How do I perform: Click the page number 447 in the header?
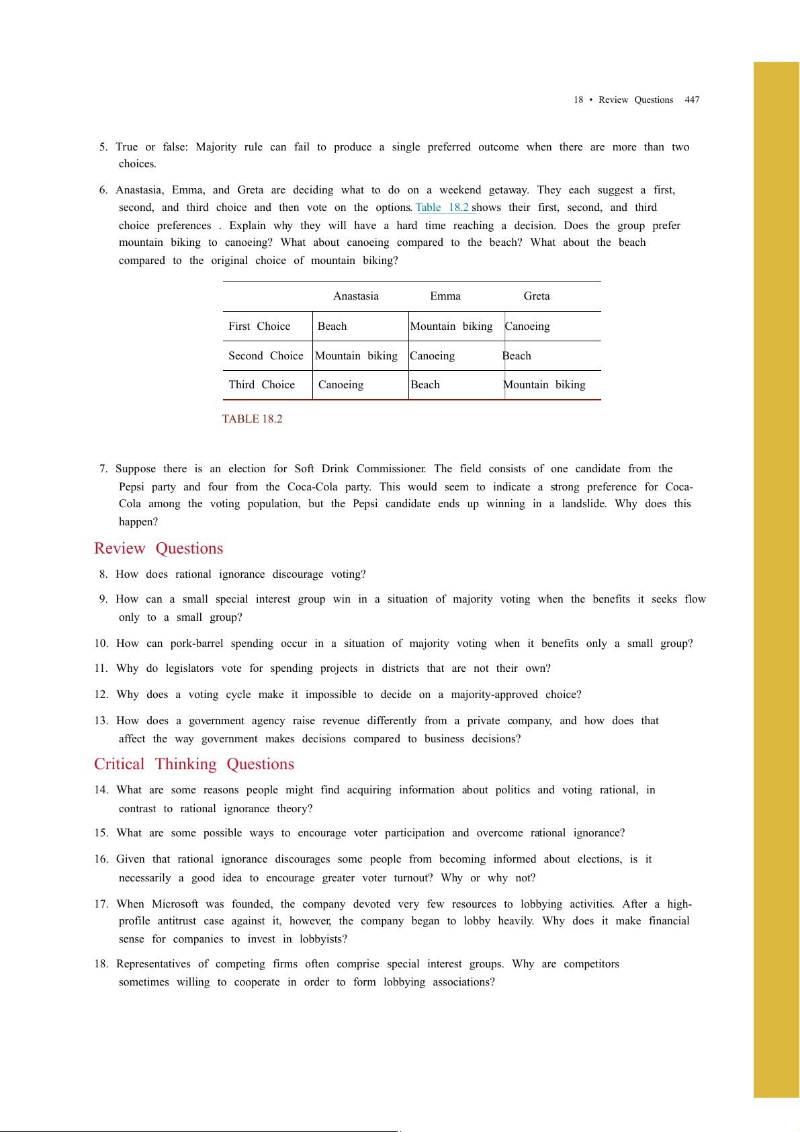pos(692,100)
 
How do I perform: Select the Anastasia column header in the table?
pos(356,296)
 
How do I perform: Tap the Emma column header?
pos(445,296)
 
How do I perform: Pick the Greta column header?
pos(537,296)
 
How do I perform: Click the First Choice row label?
pos(259,326)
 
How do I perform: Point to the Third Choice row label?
pos(261,385)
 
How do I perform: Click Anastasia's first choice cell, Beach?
pos(332,326)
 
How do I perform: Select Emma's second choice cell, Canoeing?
pos(433,356)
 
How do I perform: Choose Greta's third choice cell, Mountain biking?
pos(545,385)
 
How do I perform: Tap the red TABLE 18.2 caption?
pos(252,419)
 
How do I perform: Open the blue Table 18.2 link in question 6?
pos(443,208)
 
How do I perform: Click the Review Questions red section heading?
pos(159,549)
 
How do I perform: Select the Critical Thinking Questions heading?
pos(194,765)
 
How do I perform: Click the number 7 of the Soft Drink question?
pos(103,469)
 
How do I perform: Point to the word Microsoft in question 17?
pos(175,904)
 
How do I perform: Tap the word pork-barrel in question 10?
pos(196,644)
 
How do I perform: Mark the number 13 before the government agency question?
pos(101,721)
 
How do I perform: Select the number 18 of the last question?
pos(101,964)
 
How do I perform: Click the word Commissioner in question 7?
pos(391,469)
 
